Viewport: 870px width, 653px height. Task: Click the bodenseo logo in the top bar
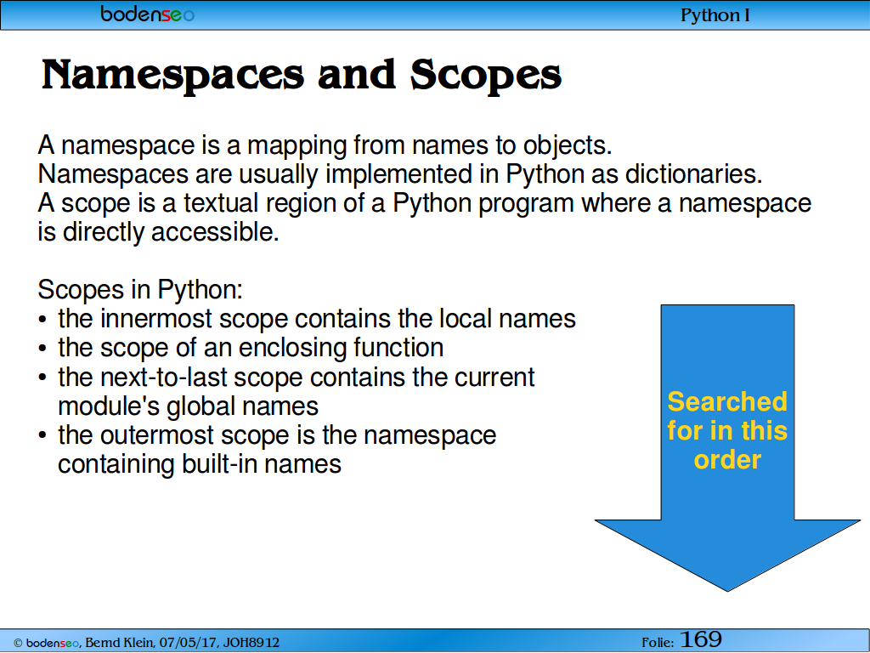pos(148,14)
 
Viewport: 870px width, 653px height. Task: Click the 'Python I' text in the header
pos(715,15)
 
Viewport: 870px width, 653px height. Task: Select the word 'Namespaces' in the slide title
pos(173,76)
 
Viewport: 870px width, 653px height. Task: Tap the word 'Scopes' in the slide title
pos(486,76)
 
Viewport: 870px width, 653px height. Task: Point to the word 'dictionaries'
pos(693,174)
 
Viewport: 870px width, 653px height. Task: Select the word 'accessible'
pos(215,232)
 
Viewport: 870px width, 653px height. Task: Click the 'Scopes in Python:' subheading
pos(140,290)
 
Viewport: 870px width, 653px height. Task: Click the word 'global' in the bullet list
pos(201,406)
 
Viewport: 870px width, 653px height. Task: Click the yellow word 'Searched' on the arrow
pos(727,401)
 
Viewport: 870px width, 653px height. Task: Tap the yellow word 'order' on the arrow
pos(727,460)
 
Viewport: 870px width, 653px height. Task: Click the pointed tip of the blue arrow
pos(728,591)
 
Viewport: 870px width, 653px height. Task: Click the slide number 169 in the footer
pos(701,639)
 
